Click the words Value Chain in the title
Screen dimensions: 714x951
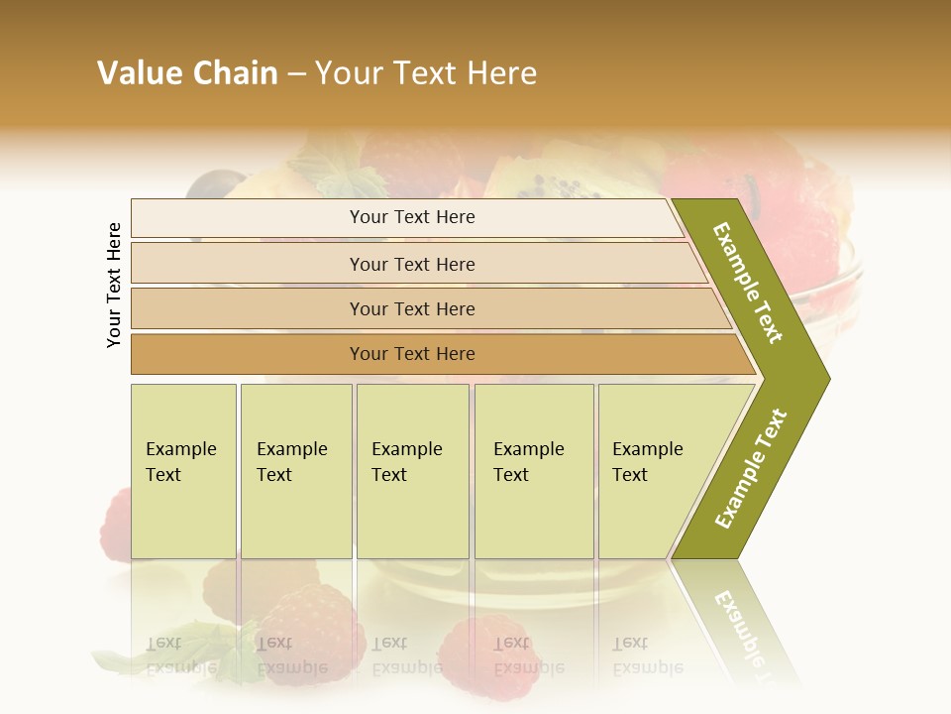[x=187, y=73]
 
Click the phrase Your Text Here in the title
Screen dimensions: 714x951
[x=426, y=73]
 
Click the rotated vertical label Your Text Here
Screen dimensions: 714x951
[x=115, y=285]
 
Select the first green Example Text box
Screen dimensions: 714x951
[x=183, y=471]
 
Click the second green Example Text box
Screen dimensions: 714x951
[x=296, y=471]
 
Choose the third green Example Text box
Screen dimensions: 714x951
[x=412, y=471]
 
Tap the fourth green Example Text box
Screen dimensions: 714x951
[x=534, y=471]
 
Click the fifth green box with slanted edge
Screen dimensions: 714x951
[x=654, y=471]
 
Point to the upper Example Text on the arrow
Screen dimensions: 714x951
[x=748, y=283]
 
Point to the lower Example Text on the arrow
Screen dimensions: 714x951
[x=750, y=469]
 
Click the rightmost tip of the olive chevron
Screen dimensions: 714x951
[x=827, y=378]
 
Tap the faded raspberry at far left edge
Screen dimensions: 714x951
[x=117, y=521]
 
